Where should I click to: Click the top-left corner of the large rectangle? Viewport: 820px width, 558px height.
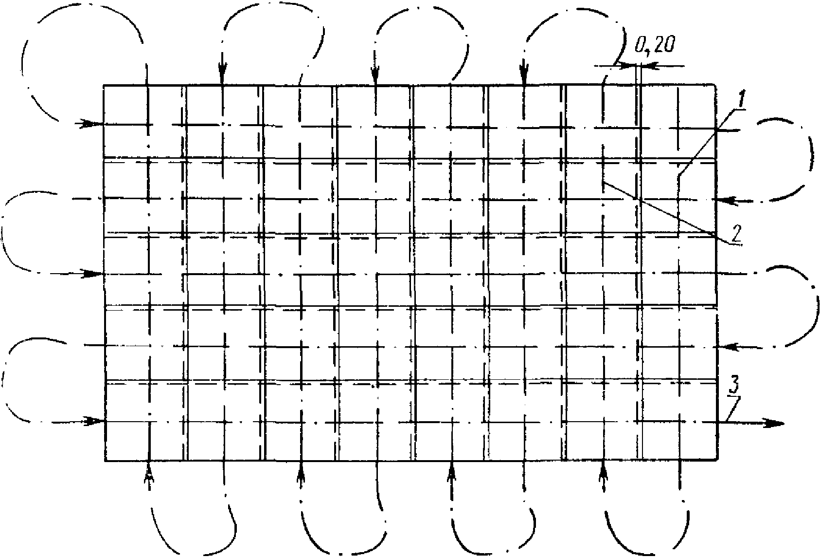tap(104, 86)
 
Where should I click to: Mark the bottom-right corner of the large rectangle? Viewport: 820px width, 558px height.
tap(717, 459)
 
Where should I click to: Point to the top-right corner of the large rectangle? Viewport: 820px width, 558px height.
tap(716, 86)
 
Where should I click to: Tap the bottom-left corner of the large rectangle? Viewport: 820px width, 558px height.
tap(105, 460)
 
